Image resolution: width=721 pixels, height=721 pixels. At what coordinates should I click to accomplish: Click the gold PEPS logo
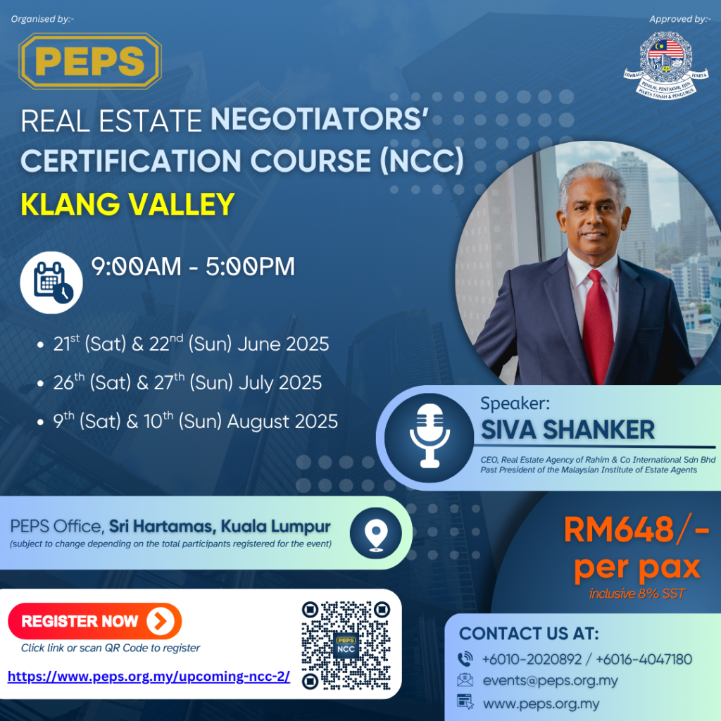coord(90,61)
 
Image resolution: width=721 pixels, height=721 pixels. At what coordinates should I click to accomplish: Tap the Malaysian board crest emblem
coord(666,65)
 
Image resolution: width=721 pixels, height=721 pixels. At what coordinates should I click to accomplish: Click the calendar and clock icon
coord(51,282)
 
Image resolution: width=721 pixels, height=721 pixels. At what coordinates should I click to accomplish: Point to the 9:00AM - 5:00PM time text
coord(193,267)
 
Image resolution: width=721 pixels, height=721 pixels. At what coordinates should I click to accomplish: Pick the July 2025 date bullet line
coord(180,382)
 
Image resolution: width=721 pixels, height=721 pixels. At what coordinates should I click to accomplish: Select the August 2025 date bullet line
coord(188,421)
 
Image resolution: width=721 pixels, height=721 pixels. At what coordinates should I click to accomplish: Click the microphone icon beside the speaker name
coord(430,436)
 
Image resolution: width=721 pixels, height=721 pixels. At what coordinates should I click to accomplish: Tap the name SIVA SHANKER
coord(568,430)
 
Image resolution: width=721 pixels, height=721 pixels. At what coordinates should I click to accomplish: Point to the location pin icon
coord(376,534)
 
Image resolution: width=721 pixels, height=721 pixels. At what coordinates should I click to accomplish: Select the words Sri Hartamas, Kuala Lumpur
coord(220,527)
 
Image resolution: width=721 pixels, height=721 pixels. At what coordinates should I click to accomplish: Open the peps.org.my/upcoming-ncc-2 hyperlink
coord(149,677)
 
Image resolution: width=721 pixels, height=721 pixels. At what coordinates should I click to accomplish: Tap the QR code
coord(346,646)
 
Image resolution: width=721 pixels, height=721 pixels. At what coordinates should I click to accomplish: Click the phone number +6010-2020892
coord(532,659)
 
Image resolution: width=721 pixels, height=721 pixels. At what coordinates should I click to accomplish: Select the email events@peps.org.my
coord(550,681)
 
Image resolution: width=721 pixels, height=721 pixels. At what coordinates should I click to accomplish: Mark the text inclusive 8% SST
coord(637,594)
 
